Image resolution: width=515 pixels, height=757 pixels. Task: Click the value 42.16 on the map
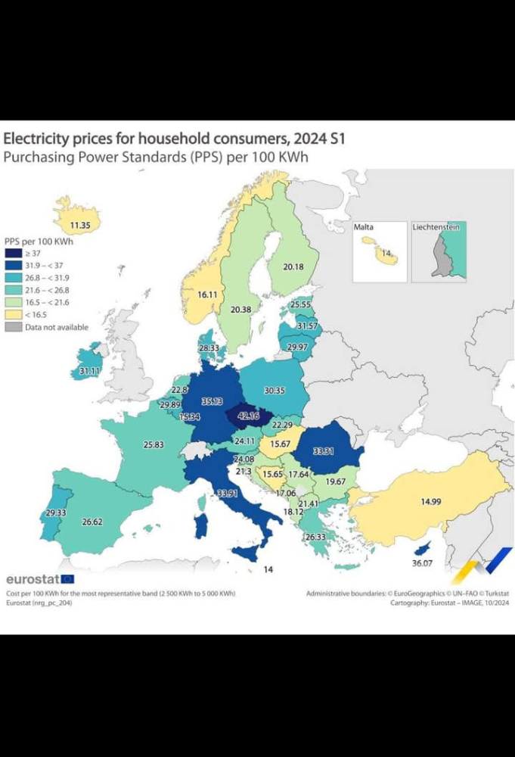pyautogui.click(x=248, y=416)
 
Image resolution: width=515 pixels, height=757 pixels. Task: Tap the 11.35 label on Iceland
pyautogui.click(x=80, y=225)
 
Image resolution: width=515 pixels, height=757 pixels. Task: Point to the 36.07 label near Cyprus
pyautogui.click(x=420, y=563)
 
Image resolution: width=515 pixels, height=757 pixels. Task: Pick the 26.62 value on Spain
pyautogui.click(x=92, y=522)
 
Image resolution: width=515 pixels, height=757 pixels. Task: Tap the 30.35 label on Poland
pyautogui.click(x=274, y=391)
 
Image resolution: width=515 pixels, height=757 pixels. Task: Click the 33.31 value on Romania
pyautogui.click(x=324, y=451)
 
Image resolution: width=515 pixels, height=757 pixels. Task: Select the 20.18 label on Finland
pyautogui.click(x=293, y=266)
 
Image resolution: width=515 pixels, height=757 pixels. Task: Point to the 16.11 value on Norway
pyautogui.click(x=208, y=294)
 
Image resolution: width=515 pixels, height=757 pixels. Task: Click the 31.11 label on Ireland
pyautogui.click(x=90, y=372)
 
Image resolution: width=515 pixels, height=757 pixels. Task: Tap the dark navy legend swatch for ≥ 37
pyautogui.click(x=14, y=254)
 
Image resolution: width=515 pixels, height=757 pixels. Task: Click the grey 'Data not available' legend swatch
pyautogui.click(x=14, y=327)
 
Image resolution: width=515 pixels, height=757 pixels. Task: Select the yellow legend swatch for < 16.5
pyautogui.click(x=14, y=315)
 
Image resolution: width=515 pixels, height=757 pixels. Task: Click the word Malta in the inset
pyautogui.click(x=364, y=226)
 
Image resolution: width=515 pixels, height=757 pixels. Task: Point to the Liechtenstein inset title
pyautogui.click(x=436, y=226)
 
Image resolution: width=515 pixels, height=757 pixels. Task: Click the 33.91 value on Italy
pyautogui.click(x=227, y=493)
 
